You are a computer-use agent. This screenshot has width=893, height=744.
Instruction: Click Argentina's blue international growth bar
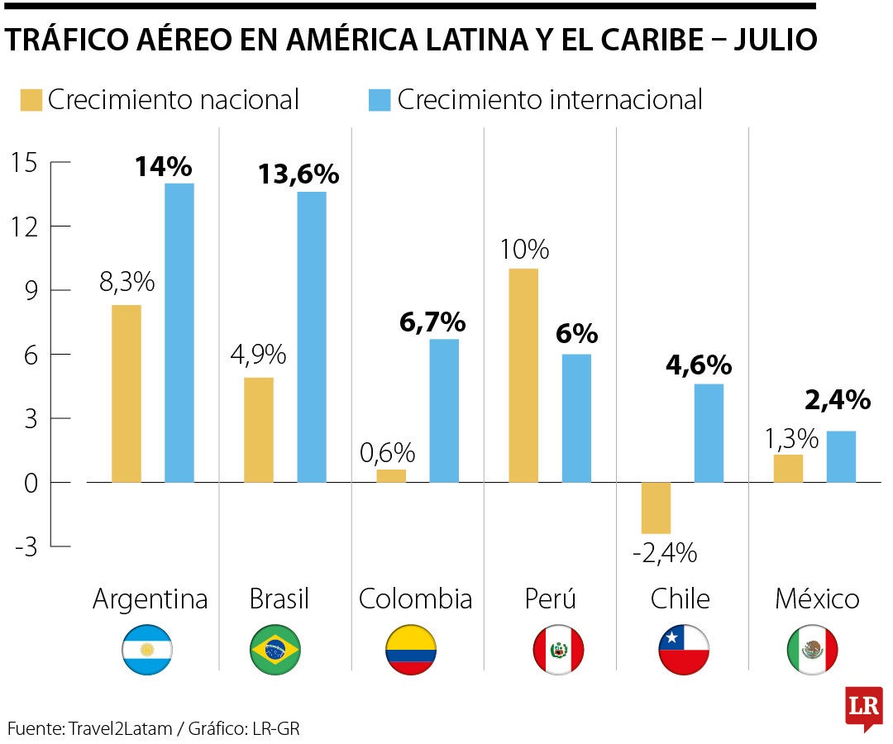click(x=179, y=332)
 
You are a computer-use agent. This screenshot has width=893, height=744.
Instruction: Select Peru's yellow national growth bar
click(x=523, y=375)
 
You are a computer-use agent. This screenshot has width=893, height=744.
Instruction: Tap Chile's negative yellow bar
click(x=656, y=508)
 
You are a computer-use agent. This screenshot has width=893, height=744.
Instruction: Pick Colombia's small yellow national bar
click(x=391, y=476)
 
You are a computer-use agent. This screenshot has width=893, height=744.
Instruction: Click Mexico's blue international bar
click(x=841, y=456)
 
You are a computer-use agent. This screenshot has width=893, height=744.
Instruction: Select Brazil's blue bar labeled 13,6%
click(x=312, y=336)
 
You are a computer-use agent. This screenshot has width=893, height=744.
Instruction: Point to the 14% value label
click(x=163, y=167)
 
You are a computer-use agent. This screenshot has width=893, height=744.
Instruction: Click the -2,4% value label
click(x=664, y=552)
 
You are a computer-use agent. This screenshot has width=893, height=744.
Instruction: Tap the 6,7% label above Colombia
click(x=432, y=322)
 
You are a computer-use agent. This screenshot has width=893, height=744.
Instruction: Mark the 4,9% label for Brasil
click(x=258, y=355)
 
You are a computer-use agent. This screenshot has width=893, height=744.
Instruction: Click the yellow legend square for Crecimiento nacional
click(x=31, y=100)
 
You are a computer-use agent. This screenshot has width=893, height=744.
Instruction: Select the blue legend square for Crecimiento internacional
click(x=378, y=100)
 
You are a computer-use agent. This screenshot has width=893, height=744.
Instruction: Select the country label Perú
click(x=550, y=599)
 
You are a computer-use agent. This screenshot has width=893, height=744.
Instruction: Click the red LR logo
click(x=863, y=707)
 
